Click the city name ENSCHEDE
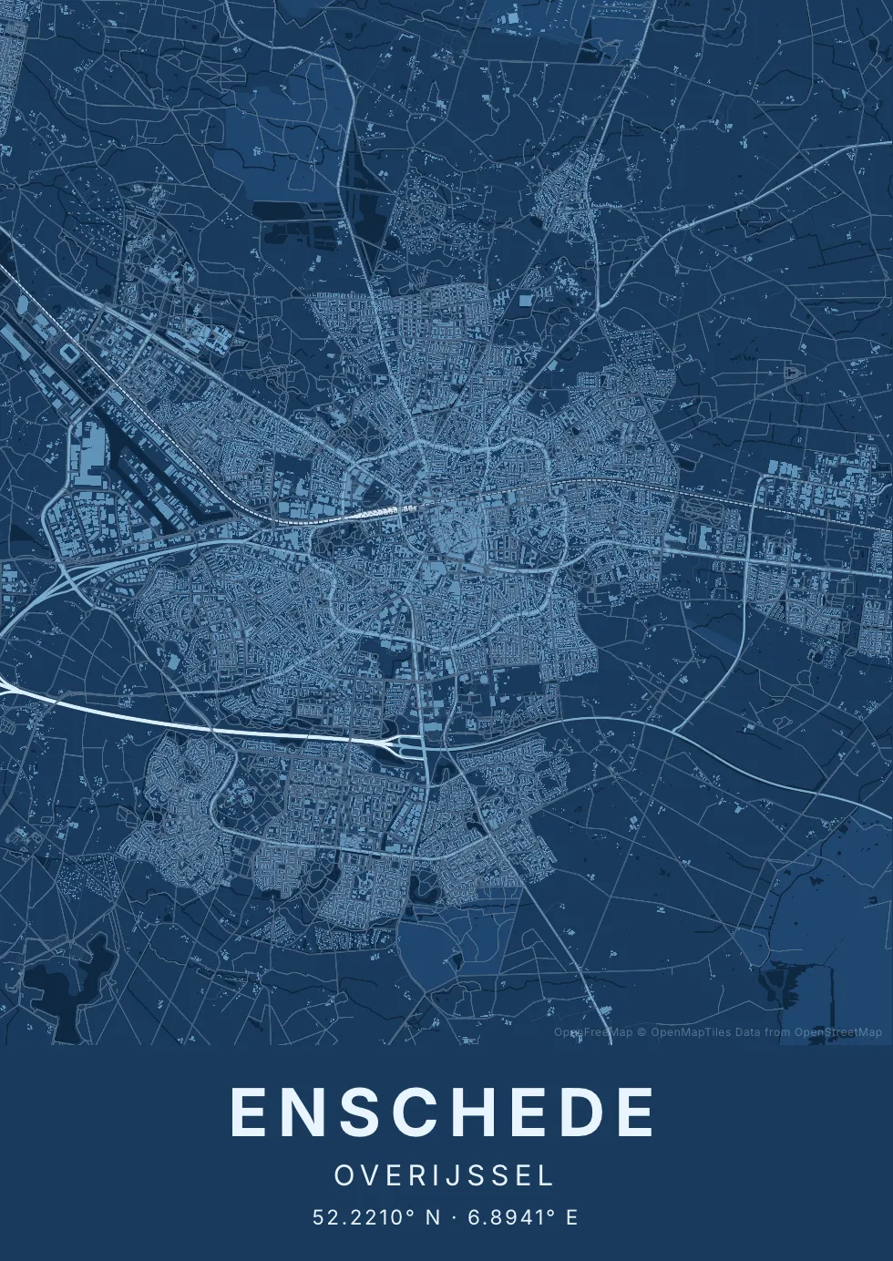(443, 1112)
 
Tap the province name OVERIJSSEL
(444, 1175)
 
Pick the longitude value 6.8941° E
(523, 1217)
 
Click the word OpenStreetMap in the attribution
(838, 1032)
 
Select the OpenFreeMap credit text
(593, 1032)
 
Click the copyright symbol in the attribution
(642, 1032)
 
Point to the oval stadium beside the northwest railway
(70, 352)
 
